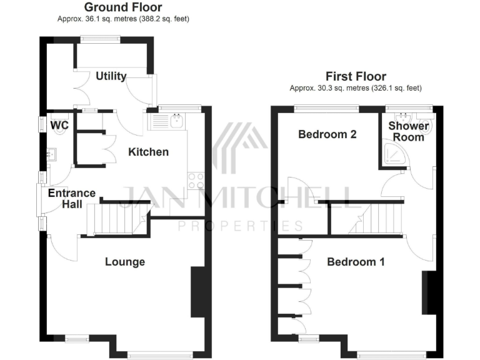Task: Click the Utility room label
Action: pos(111,76)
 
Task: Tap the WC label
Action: pos(59,126)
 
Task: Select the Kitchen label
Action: pos(149,152)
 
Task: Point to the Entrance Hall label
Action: pos(71,199)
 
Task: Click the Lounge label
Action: pos(125,262)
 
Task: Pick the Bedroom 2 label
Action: pos(327,134)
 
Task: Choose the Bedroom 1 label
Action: pos(356,262)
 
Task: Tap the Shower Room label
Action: pos(409,131)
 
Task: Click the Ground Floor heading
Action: pos(122,7)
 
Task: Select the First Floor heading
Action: pos(356,77)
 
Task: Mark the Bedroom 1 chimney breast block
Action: pos(429,292)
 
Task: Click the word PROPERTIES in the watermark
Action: pos(241,226)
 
